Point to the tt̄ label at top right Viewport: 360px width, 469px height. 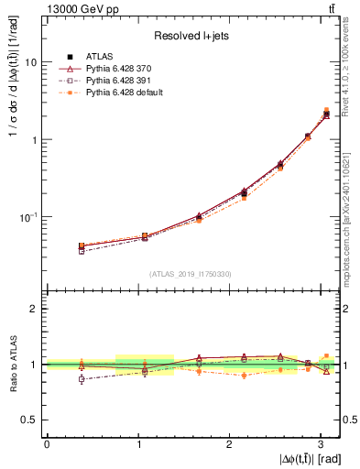coord(332,8)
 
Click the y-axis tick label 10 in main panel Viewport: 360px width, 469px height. coord(31,62)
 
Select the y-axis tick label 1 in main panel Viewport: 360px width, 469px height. coord(34,140)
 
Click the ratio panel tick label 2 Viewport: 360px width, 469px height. coord(34,309)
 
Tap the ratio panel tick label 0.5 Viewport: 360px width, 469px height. coord(30,420)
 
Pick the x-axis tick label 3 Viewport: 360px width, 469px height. coord(321,443)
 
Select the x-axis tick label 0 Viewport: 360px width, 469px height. coord(47,443)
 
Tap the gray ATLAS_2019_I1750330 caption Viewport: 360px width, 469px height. coord(191,273)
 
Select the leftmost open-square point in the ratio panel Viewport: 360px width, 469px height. coord(82,378)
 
